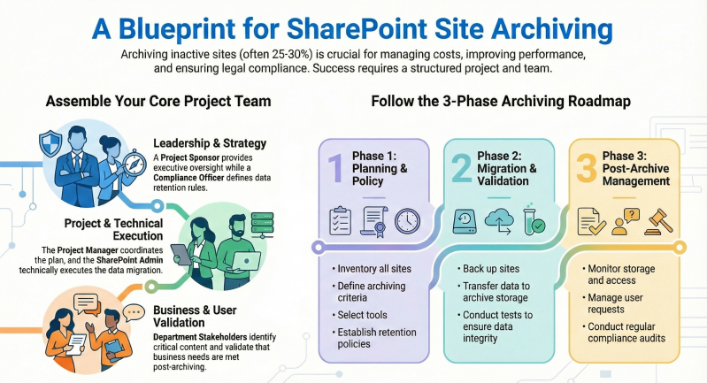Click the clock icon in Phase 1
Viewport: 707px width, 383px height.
pos(408,219)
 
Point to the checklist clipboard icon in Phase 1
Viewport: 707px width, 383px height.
pos(339,219)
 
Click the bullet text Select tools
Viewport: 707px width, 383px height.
pos(362,315)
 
